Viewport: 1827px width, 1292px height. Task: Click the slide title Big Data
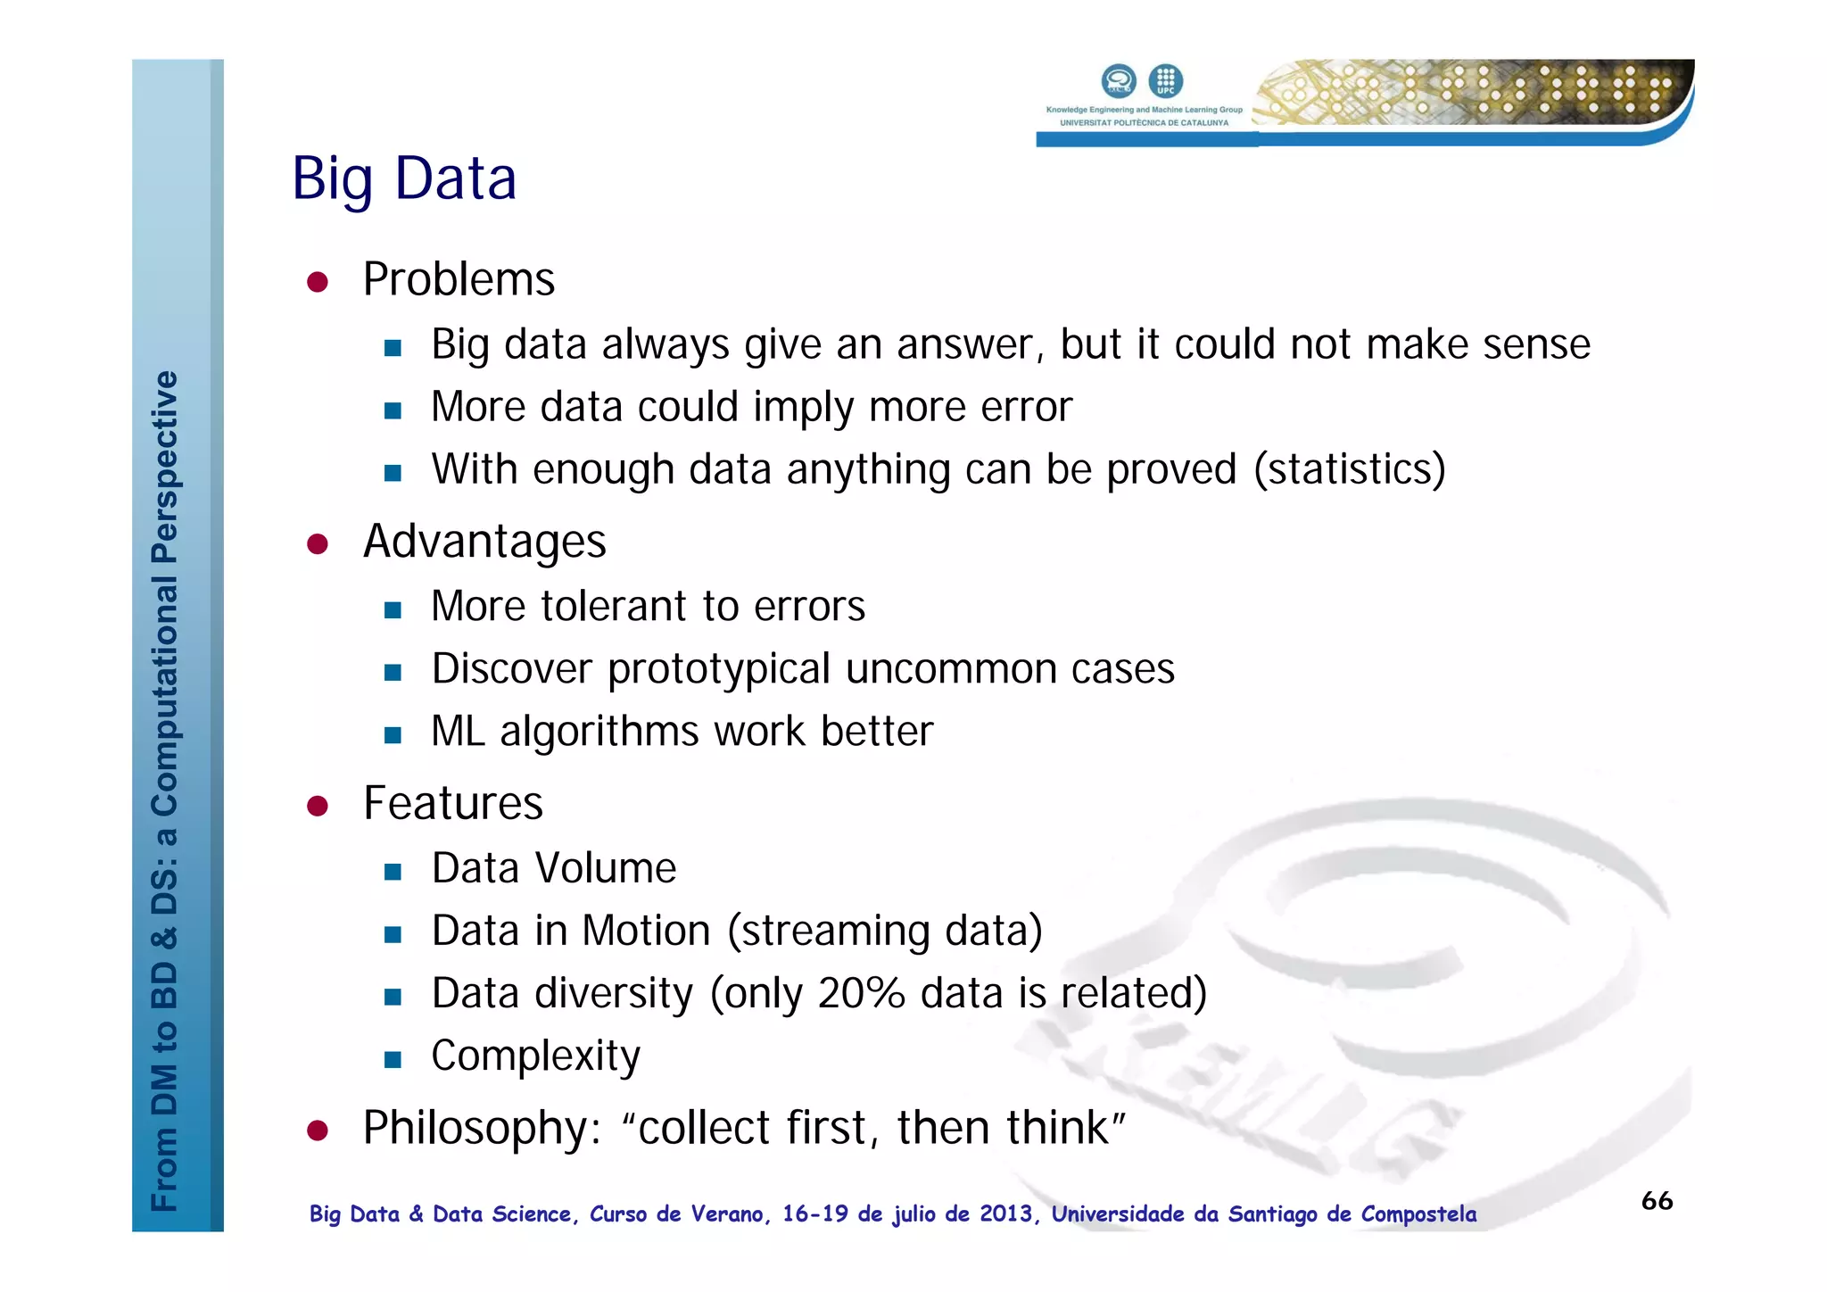[404, 178]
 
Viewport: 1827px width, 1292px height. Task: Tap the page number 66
[1657, 1200]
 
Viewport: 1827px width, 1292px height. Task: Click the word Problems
[459, 279]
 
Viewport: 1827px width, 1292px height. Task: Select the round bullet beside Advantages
[318, 543]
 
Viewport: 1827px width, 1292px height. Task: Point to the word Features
[453, 803]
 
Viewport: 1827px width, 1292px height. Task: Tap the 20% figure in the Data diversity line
[861, 993]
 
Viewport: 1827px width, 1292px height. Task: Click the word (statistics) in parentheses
[1349, 469]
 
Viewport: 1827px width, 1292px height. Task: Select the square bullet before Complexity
[393, 1059]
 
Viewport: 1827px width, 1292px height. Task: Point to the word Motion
[646, 931]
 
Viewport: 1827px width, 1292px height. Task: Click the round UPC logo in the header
[1165, 81]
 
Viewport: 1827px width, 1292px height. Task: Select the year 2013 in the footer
[1005, 1213]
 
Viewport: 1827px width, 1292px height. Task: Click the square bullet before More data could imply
[393, 410]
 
